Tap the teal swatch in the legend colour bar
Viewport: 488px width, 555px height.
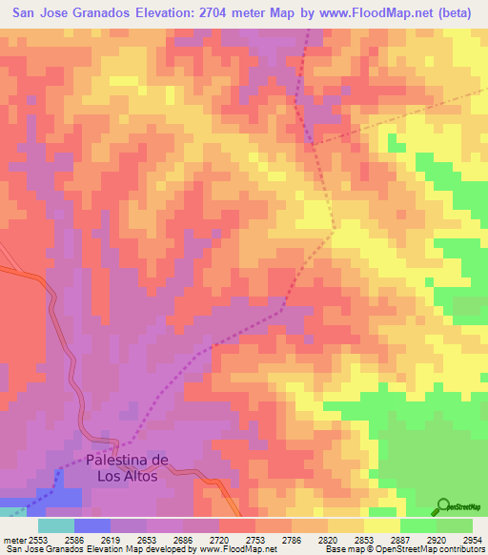[56, 525]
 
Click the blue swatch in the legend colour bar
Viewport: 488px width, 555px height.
[92, 525]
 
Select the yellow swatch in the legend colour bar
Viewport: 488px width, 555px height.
[381, 525]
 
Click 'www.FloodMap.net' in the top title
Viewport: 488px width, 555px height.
[373, 13]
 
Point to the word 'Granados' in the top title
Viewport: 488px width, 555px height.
[111, 13]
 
